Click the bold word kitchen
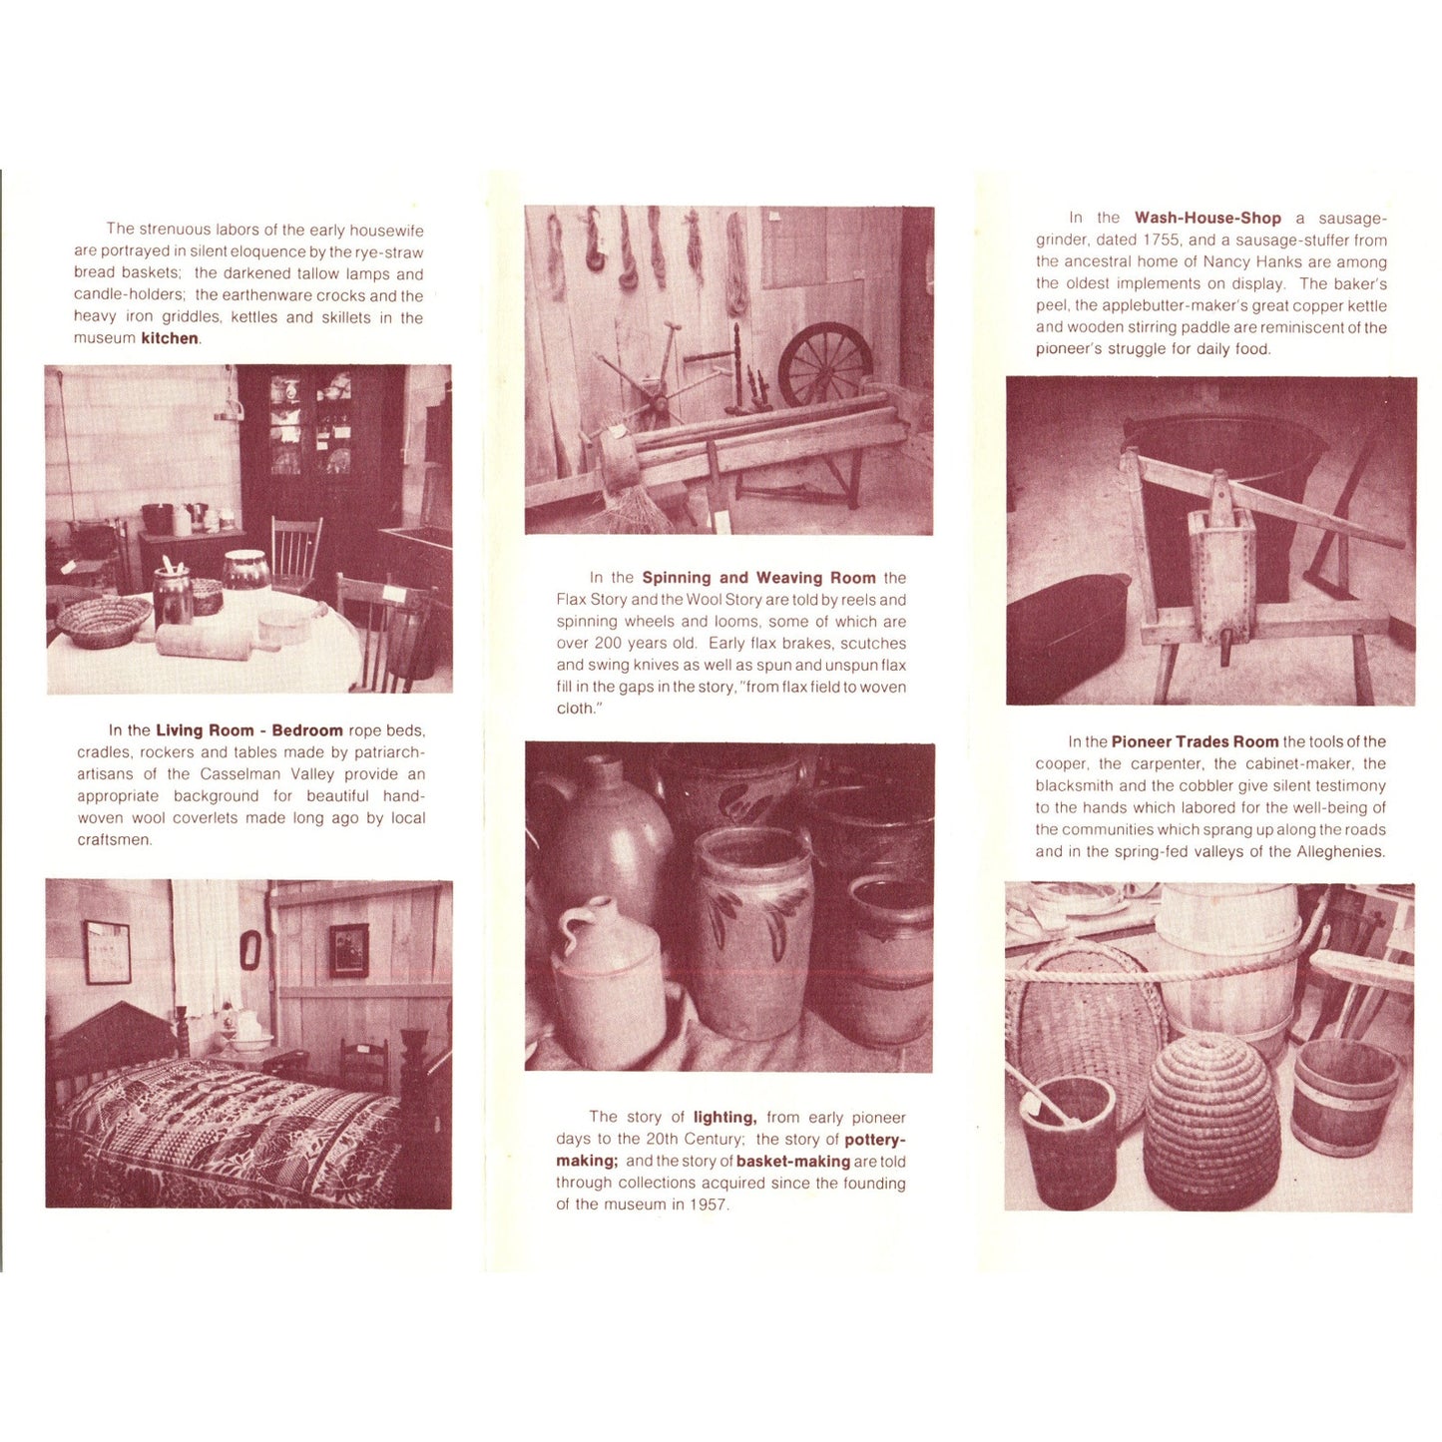point(170,338)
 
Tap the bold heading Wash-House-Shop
point(1207,218)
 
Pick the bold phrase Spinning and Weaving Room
point(758,578)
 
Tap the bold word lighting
point(724,1118)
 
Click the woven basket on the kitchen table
point(103,621)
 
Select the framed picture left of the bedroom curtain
point(107,951)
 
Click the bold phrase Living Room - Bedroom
point(248,730)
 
